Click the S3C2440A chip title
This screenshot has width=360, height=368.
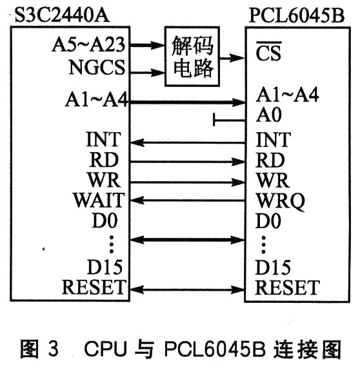pyautogui.click(x=62, y=15)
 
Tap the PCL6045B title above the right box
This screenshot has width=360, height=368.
pyautogui.click(x=297, y=15)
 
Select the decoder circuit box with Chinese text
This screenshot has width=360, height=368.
pyautogui.click(x=192, y=57)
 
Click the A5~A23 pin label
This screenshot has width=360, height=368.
pyautogui.click(x=88, y=44)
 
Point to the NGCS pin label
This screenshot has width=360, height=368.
pyautogui.click(x=97, y=67)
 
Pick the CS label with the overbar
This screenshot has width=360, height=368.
pyautogui.click(x=268, y=52)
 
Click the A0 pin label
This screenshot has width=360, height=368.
pyautogui.click(x=268, y=115)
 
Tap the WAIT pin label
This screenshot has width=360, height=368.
pyautogui.click(x=99, y=200)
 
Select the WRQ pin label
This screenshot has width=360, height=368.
pyautogui.click(x=281, y=201)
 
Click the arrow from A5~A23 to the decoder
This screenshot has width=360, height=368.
pyautogui.click(x=147, y=45)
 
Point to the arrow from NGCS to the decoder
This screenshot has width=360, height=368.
pyautogui.click(x=147, y=73)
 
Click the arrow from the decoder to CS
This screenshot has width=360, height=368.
pyautogui.click(x=232, y=57)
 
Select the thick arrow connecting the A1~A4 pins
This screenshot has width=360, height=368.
pyautogui.click(x=188, y=102)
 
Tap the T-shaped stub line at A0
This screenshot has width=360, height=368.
pyautogui.click(x=229, y=120)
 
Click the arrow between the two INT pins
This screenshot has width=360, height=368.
pyautogui.click(x=188, y=142)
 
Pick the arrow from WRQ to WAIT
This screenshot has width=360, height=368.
pyautogui.click(x=188, y=200)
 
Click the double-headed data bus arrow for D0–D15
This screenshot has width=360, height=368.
pyautogui.click(x=188, y=240)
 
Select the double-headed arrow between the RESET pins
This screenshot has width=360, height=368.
pyautogui.click(x=188, y=289)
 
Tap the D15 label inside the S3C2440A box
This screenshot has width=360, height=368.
pyautogui.click(x=105, y=267)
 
